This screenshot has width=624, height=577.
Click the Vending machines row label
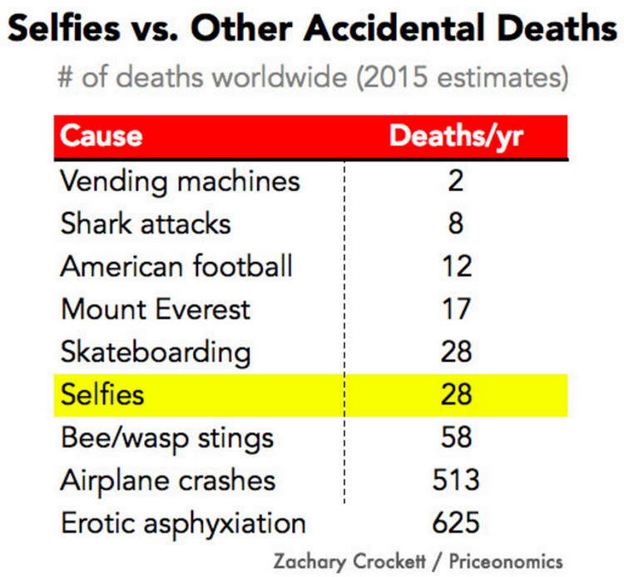(180, 180)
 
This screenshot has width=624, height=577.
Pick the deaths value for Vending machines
(456, 180)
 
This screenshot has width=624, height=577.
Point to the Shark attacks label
(146, 223)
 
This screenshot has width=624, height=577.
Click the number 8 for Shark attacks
(456, 223)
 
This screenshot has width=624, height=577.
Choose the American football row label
(176, 266)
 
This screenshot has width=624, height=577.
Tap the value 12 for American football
(456, 266)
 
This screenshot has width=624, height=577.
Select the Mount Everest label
(156, 309)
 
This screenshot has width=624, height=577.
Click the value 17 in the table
(456, 309)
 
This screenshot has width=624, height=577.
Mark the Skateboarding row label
(156, 352)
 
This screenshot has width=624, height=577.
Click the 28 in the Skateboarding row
(456, 352)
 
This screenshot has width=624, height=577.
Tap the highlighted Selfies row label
(102, 394)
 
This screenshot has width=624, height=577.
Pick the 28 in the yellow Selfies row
(456, 394)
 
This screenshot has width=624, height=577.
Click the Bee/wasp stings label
(166, 437)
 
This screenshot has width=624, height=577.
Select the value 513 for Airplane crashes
(456, 481)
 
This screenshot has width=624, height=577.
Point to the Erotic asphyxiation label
(183, 524)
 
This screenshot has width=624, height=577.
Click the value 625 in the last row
(456, 524)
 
